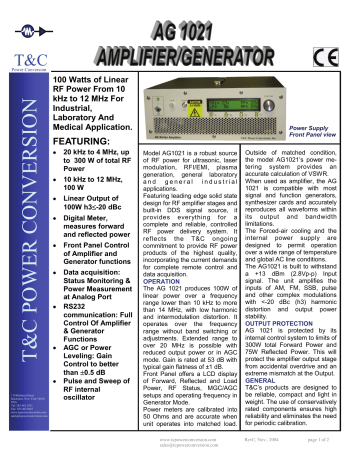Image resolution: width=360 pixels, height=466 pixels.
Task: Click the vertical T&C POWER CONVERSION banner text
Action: point(25,230)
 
